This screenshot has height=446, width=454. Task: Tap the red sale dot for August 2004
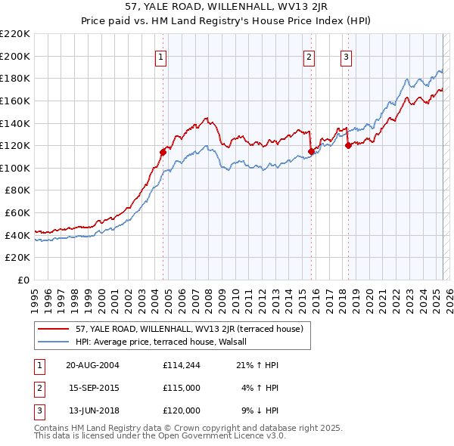[163, 152]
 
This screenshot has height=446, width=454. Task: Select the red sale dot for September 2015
[311, 151]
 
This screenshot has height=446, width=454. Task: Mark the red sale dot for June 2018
[348, 146]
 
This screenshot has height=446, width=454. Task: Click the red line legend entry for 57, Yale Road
[189, 329]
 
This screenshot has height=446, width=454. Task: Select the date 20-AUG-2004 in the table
[92, 364]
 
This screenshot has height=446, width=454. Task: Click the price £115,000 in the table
[181, 388]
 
